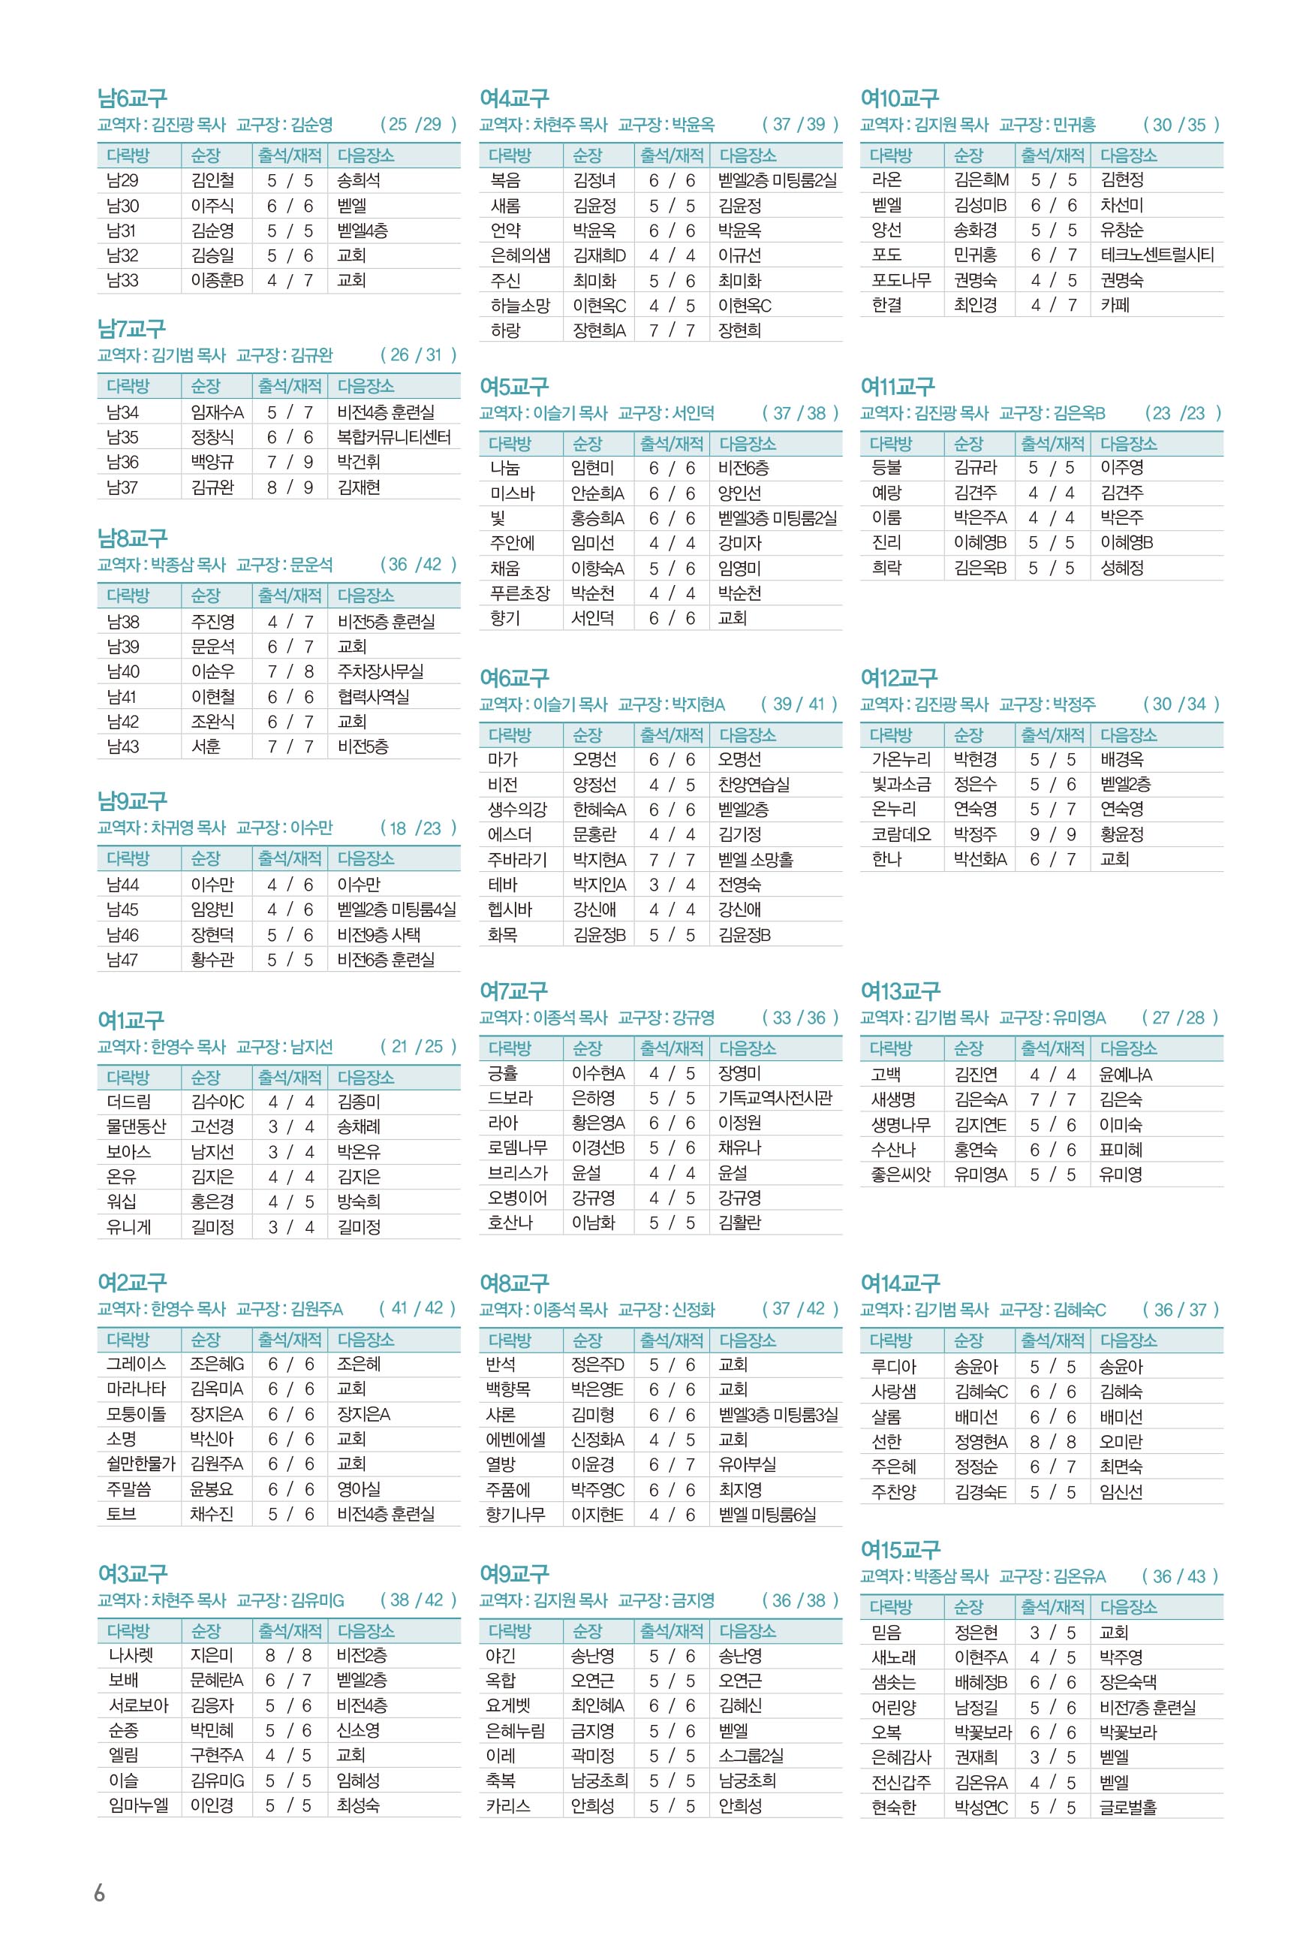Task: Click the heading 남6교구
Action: coord(132,99)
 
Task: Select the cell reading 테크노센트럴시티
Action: coord(1157,255)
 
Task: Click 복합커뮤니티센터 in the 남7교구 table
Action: coord(393,437)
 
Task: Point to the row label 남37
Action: coord(122,487)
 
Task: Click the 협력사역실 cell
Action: coord(372,696)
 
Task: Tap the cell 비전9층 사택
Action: coord(378,934)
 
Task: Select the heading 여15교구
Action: coord(901,1549)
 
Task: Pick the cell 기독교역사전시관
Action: coord(775,1097)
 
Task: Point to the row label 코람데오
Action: coord(901,834)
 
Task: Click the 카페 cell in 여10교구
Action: coord(1115,305)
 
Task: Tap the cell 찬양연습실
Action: coord(753,784)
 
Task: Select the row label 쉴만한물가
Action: coord(140,1463)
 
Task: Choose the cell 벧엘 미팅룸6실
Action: coord(766,1514)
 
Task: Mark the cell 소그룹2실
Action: coord(751,1755)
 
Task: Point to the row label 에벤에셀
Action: coord(516,1439)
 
